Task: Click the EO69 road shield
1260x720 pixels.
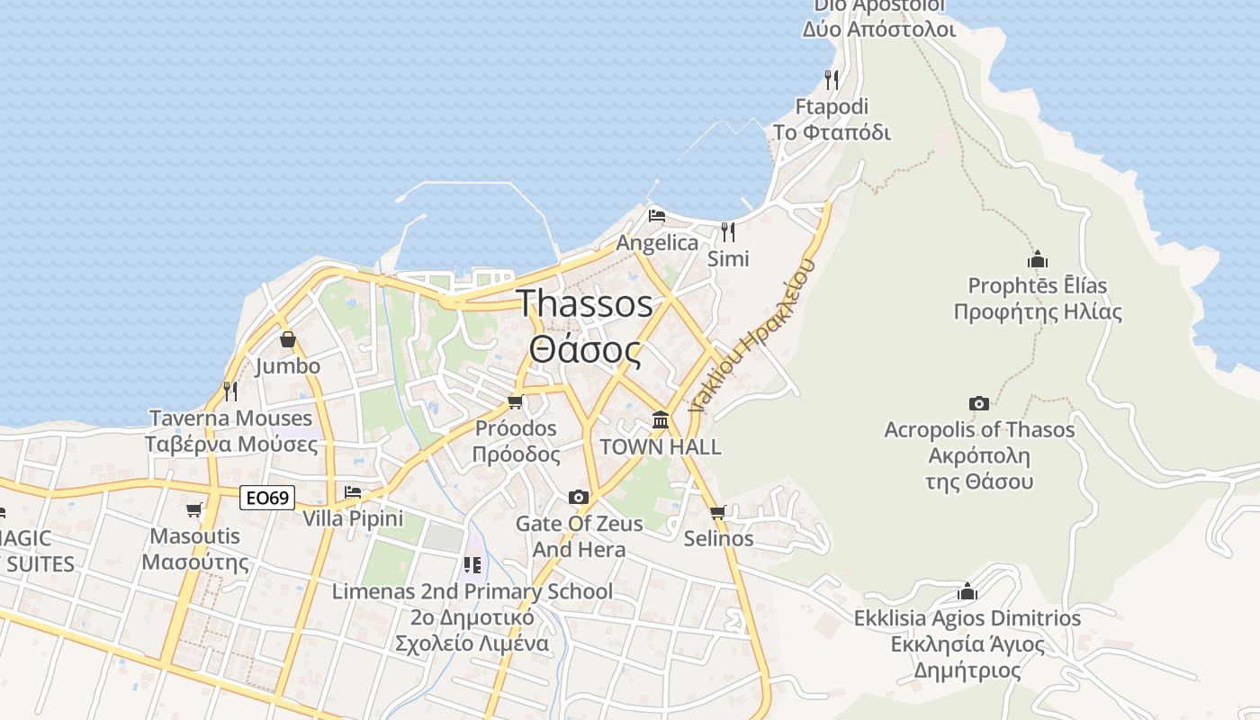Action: click(x=268, y=497)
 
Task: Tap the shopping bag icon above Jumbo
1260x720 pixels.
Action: click(x=288, y=339)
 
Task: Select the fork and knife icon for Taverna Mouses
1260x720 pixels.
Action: click(x=230, y=391)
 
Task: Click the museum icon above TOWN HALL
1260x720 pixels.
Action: click(x=661, y=419)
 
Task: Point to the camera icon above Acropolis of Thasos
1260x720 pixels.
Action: click(x=979, y=403)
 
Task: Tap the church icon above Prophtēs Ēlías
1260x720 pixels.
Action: click(x=1038, y=259)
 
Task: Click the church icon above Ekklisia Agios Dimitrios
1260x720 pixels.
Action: click(x=967, y=591)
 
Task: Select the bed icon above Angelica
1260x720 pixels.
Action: click(x=657, y=216)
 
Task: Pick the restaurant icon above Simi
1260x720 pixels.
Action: click(x=728, y=232)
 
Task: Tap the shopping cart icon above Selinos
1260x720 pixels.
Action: click(x=717, y=512)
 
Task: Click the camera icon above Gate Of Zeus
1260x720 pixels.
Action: click(x=579, y=497)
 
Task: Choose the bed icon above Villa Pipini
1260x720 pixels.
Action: click(x=353, y=492)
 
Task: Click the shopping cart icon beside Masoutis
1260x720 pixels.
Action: click(x=194, y=510)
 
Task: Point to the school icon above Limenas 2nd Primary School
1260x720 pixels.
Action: click(x=472, y=565)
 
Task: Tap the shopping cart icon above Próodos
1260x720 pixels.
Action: click(x=516, y=401)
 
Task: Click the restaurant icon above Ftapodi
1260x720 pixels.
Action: click(x=832, y=80)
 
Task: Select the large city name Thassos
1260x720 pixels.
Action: click(x=585, y=303)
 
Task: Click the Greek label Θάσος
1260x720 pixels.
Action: click(x=585, y=350)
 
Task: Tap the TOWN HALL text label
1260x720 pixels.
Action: click(x=661, y=447)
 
